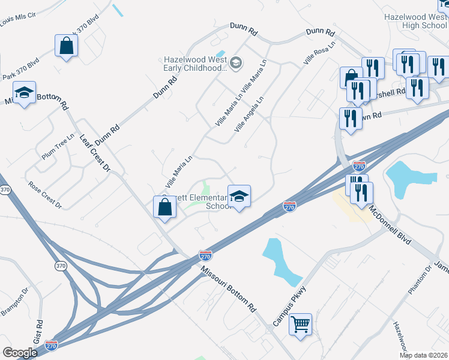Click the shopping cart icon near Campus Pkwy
(x=300, y=325)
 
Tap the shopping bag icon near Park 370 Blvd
(x=66, y=46)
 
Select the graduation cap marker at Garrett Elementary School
(x=239, y=196)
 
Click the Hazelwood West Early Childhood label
(x=196, y=64)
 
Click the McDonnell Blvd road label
(x=390, y=223)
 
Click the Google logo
(x=20, y=353)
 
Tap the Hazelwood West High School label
(x=415, y=22)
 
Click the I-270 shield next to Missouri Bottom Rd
(x=205, y=256)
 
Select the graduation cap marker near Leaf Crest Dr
(x=24, y=93)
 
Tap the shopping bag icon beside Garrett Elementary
(x=164, y=206)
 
